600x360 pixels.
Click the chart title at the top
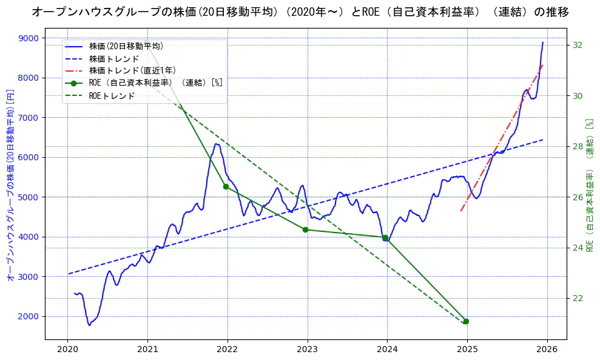point(300,12)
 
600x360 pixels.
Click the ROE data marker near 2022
point(226,186)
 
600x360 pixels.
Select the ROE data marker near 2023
point(305,229)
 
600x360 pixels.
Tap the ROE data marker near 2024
point(385,238)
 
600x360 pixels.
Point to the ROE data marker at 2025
point(465,321)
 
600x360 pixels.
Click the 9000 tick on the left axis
point(29,38)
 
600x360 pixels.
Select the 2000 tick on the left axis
point(29,316)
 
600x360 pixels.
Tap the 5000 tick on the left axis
point(29,197)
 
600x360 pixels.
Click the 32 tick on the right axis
point(578,46)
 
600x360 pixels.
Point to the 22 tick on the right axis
point(578,298)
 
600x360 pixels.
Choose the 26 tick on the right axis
point(578,197)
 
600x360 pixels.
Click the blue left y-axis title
point(10,186)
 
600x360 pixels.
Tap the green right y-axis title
point(588,186)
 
